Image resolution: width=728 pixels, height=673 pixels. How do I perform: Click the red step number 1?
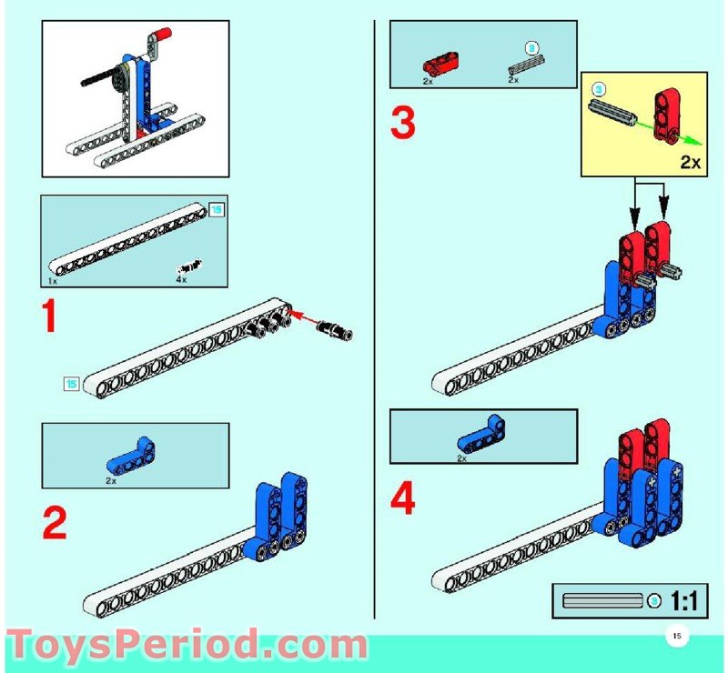52,319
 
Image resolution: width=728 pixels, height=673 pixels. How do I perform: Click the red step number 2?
55,523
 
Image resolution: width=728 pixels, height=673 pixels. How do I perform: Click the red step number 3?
403,122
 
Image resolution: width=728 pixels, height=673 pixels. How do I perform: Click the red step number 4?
403,497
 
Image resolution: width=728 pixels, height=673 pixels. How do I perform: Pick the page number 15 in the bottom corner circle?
675,636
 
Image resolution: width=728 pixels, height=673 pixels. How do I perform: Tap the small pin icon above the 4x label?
188,267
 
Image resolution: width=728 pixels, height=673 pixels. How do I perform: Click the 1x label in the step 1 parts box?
55,280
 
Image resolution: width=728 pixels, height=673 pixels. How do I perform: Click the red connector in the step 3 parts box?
440,62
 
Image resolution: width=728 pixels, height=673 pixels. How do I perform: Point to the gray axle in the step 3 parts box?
526,65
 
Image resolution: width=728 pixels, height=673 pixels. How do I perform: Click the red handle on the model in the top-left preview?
160,36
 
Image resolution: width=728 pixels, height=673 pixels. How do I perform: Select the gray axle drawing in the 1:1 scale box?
603,600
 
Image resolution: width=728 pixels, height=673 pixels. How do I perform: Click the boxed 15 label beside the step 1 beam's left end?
70,383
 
